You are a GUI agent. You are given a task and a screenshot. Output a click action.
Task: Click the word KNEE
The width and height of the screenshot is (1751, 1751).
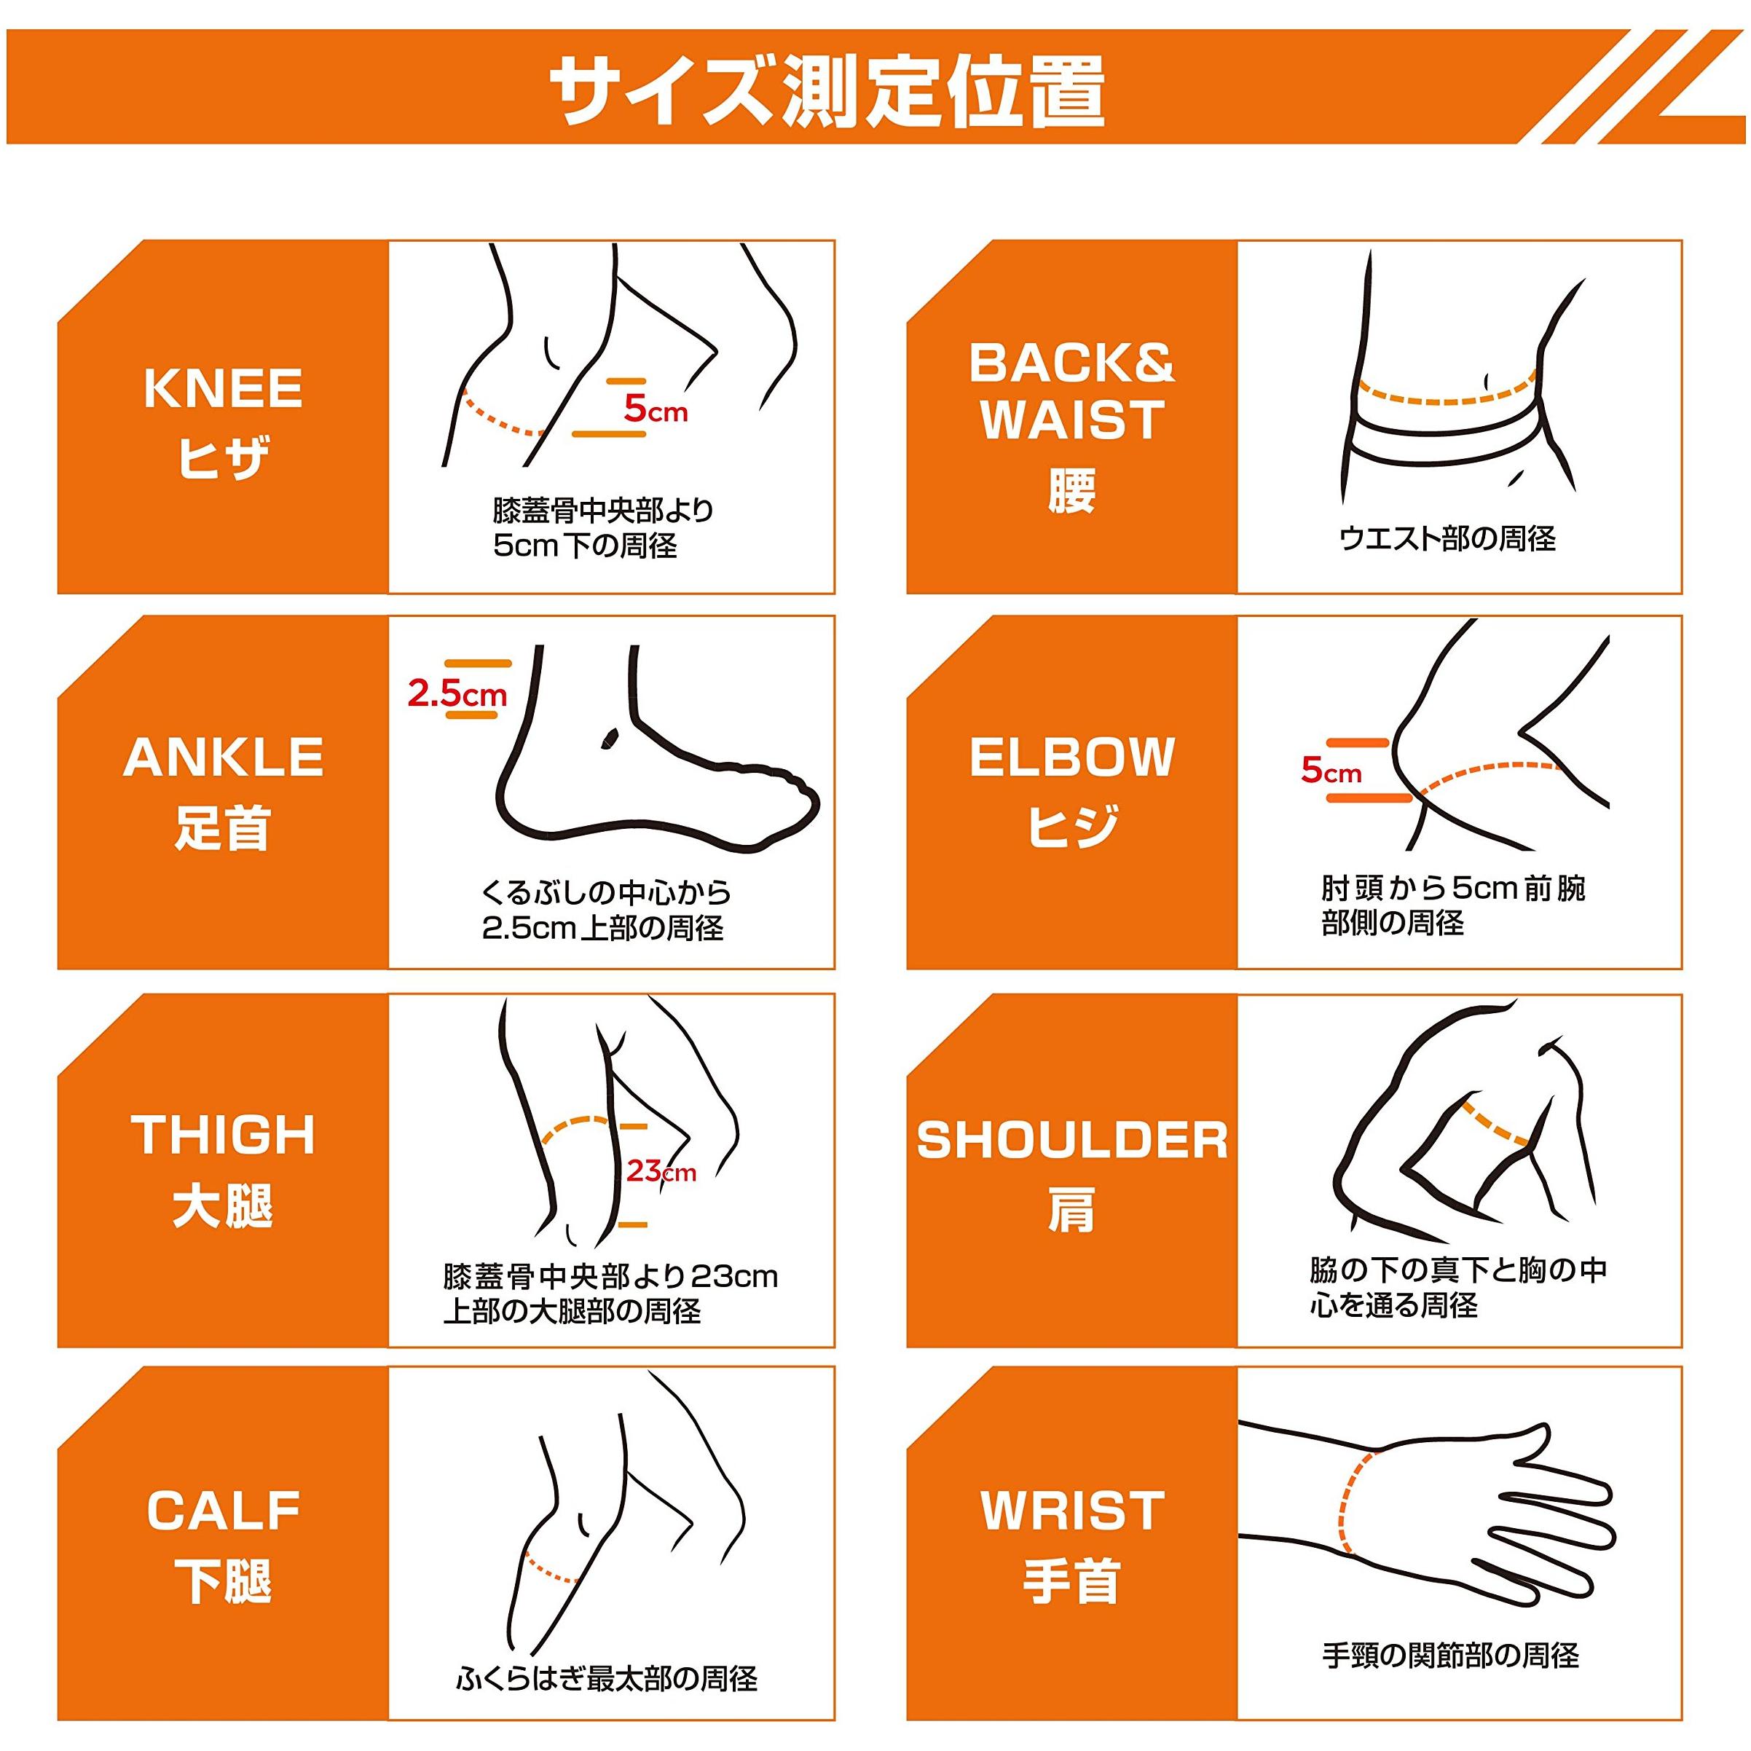(x=223, y=389)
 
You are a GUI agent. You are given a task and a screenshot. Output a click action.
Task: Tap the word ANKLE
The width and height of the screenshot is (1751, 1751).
(x=223, y=757)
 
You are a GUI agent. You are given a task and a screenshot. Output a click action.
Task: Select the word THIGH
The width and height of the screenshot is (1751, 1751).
(x=223, y=1134)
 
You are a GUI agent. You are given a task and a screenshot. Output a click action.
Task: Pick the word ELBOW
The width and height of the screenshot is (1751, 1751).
(x=1072, y=757)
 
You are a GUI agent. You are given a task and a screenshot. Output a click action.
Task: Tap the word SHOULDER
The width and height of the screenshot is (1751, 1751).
(x=1072, y=1139)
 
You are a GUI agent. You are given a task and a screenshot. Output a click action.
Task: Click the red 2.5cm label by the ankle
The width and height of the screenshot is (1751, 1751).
(x=457, y=693)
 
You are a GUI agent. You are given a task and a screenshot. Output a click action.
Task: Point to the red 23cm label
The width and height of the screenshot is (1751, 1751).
(x=661, y=1171)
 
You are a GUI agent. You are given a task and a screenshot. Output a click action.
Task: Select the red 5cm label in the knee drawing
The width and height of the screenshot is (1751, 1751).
(x=656, y=409)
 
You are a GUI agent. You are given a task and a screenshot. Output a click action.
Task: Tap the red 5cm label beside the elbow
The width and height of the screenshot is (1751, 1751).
(x=1331, y=771)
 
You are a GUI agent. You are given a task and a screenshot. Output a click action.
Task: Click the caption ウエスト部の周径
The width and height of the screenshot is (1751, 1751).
(x=1447, y=539)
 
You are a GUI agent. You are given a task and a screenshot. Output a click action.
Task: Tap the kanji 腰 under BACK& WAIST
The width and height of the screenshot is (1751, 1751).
(x=1072, y=490)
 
